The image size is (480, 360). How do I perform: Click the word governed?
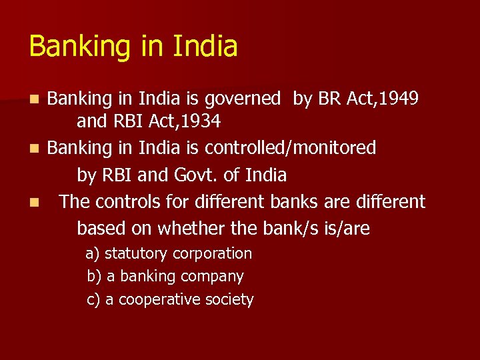[x=243, y=99]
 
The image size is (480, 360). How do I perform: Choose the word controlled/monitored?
[x=291, y=147]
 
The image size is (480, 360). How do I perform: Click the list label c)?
[x=93, y=300]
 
